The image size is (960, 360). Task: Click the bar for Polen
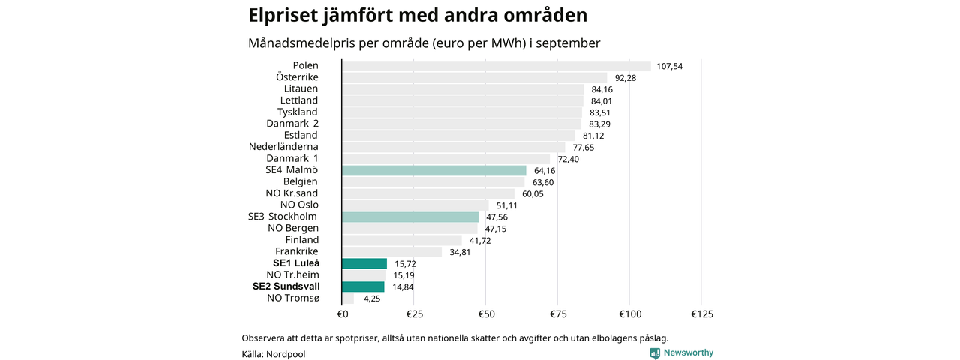click(496, 66)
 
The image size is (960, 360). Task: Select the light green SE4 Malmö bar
click(433, 170)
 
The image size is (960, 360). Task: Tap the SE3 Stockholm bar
click(409, 217)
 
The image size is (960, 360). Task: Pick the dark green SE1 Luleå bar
click(364, 263)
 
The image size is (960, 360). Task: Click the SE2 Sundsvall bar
click(363, 286)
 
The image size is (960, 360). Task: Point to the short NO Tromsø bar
click(348, 298)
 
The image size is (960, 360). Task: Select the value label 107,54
click(669, 66)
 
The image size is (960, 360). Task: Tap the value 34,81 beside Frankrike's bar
click(460, 252)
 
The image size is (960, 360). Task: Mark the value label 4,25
click(372, 298)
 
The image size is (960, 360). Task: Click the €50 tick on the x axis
click(486, 313)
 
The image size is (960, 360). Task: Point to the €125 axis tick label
click(700, 313)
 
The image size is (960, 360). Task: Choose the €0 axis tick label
click(342, 313)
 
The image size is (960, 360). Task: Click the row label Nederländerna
click(283, 147)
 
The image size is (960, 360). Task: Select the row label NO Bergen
click(292, 228)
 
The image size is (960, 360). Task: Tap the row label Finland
click(301, 240)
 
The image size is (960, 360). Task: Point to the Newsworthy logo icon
click(655, 353)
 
